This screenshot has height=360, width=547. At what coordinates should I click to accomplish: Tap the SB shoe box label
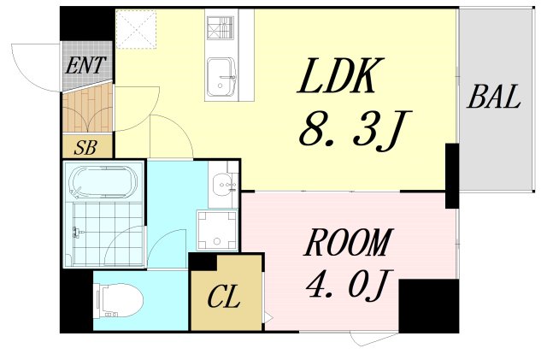(x=86, y=146)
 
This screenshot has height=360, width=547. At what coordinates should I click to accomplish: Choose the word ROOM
(x=348, y=245)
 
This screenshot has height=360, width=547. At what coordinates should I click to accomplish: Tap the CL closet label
(x=224, y=299)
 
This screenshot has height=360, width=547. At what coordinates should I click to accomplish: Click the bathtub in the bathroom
(x=103, y=181)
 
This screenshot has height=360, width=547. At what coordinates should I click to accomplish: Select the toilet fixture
(x=120, y=300)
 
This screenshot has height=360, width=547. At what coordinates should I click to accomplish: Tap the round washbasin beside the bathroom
(x=224, y=182)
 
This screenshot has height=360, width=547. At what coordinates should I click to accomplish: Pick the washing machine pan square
(x=217, y=228)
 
